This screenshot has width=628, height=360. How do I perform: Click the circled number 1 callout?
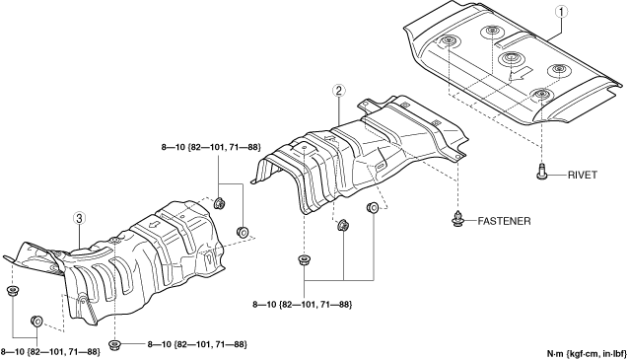pyautogui.click(x=561, y=12)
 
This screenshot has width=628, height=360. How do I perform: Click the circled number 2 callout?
pyautogui.click(x=338, y=91)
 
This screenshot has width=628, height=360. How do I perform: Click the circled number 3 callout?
pyautogui.click(x=79, y=218)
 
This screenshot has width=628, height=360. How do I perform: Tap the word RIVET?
pyautogui.click(x=583, y=176)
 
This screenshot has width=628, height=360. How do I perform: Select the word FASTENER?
pyautogui.click(x=504, y=221)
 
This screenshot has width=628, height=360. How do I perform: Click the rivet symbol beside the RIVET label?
pyautogui.click(x=541, y=172)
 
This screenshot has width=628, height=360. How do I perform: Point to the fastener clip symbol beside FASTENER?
pyautogui.click(x=457, y=219)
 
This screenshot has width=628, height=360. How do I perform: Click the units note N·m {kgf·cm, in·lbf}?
pyautogui.click(x=587, y=353)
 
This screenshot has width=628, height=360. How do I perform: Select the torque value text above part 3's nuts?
pyautogui.click(x=211, y=148)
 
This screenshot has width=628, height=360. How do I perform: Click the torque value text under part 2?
pyautogui.click(x=303, y=305)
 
